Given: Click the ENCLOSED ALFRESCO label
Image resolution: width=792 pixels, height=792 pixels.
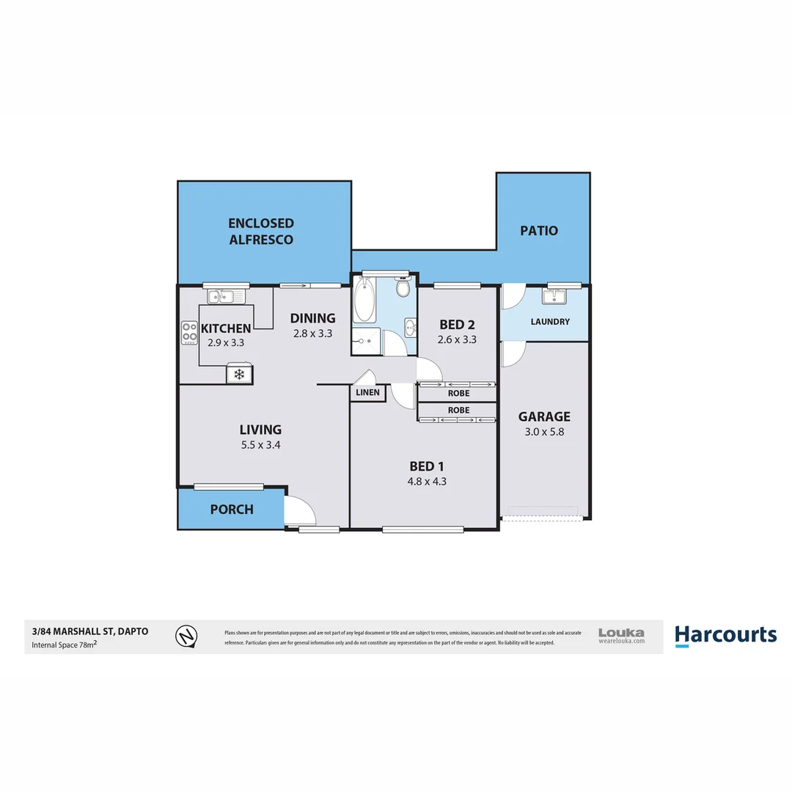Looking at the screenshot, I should click(x=260, y=231).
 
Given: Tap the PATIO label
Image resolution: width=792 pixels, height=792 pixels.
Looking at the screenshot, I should click(x=539, y=230).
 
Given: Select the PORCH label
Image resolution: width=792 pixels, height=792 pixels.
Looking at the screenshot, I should click(x=232, y=509).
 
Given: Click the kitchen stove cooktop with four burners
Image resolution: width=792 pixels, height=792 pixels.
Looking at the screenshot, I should click(x=189, y=333).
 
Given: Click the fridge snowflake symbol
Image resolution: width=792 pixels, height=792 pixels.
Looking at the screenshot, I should click(x=239, y=374).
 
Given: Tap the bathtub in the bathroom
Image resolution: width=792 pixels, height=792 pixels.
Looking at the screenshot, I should click(x=364, y=300).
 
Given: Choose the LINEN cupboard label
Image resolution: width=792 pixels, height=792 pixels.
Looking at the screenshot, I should click(x=368, y=393).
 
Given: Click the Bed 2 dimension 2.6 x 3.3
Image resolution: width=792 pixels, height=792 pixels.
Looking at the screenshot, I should click(x=458, y=340).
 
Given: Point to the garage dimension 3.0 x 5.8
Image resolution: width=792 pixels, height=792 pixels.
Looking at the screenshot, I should click(x=544, y=432).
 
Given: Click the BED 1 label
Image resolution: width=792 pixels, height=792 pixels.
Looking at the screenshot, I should click(x=427, y=466).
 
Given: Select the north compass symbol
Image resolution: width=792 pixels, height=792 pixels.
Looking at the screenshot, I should click(x=187, y=635).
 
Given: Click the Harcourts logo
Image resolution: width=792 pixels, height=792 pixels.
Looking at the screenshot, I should click(x=725, y=635).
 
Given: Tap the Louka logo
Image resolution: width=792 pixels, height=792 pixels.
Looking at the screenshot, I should click(x=621, y=634).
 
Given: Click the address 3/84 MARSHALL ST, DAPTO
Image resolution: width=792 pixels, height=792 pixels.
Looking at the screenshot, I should click(x=85, y=631).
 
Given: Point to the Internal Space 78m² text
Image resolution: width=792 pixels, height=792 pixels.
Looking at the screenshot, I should click(x=65, y=645).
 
